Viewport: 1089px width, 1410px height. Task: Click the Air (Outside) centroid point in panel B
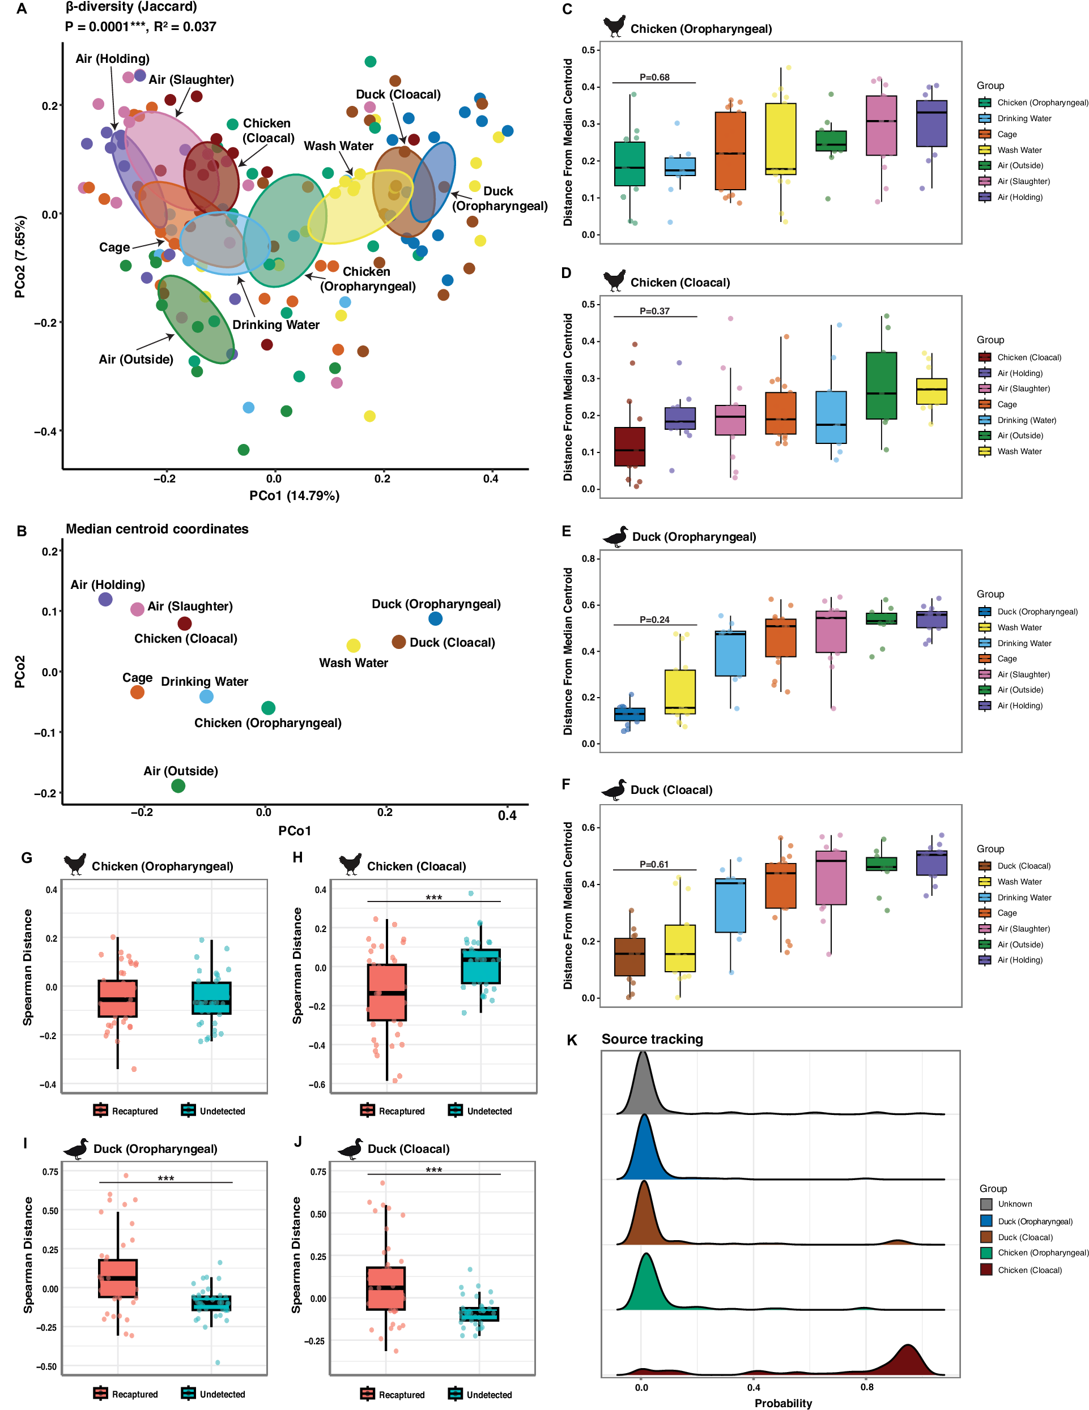tap(178, 786)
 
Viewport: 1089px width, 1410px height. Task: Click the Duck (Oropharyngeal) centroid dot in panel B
tap(435, 618)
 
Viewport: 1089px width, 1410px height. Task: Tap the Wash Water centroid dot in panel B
tap(354, 646)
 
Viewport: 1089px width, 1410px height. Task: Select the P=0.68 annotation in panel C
tap(654, 77)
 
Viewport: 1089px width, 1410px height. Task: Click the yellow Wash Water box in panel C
tap(780, 139)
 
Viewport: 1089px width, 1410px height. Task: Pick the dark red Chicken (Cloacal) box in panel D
tap(629, 446)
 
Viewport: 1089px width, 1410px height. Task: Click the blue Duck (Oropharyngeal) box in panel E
tap(629, 714)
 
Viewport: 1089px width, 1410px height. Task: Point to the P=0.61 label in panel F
tap(654, 864)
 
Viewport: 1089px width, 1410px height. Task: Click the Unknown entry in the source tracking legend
tap(1015, 1203)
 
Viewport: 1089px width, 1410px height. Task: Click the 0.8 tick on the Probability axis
tap(867, 1387)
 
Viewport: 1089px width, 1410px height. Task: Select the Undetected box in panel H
tap(480, 966)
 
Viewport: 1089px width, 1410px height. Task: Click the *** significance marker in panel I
tap(166, 1179)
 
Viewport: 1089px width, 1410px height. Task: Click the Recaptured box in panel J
tap(386, 1288)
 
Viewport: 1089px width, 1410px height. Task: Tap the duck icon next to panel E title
tap(615, 536)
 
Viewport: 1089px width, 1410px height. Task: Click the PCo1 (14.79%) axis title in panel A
tap(295, 496)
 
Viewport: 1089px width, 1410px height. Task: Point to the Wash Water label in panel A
tap(338, 146)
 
